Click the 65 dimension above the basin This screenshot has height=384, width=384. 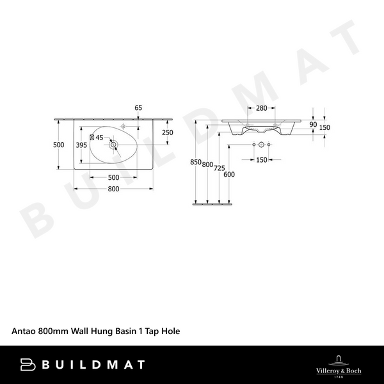(138, 108)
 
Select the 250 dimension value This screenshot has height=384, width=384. (168, 132)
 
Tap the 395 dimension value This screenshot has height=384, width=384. (81, 145)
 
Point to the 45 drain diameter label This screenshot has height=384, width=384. (99, 137)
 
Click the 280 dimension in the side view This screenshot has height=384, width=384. (261, 108)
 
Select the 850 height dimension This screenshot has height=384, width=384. (197, 162)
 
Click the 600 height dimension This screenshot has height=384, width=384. (230, 175)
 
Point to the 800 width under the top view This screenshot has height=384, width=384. (113, 189)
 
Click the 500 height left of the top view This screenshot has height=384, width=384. (58, 145)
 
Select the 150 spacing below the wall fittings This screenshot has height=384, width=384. (261, 160)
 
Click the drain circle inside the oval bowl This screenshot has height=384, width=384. (114, 145)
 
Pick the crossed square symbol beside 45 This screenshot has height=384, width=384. (92, 137)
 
